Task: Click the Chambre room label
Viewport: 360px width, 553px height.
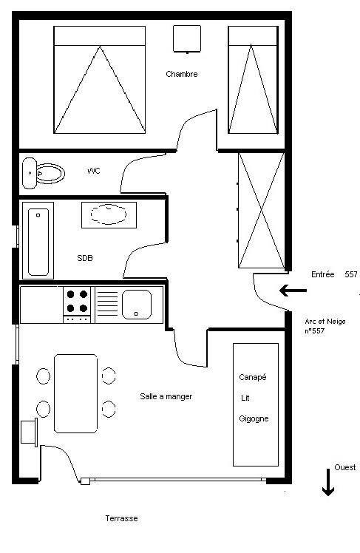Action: [x=182, y=74]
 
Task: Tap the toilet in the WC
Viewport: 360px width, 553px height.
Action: [x=44, y=173]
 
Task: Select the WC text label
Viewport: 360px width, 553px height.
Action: [x=94, y=171]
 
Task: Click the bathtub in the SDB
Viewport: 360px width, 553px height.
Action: [x=38, y=240]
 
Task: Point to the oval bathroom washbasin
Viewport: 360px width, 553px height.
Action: [x=109, y=214]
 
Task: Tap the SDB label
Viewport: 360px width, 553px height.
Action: [x=85, y=258]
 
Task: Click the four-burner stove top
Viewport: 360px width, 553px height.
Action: [x=77, y=305]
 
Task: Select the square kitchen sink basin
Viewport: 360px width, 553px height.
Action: [x=137, y=305]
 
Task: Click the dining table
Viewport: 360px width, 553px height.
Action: [x=76, y=393]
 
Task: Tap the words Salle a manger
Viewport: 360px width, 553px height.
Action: [x=166, y=396]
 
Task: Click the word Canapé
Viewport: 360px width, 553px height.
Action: [x=253, y=377]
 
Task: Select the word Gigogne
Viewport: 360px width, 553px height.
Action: [x=254, y=419]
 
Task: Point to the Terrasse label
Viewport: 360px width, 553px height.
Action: [x=122, y=518]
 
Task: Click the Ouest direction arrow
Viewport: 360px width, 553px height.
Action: [x=328, y=482]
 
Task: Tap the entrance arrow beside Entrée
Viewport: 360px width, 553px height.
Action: [x=293, y=291]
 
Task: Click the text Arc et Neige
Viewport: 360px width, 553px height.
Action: [x=325, y=322]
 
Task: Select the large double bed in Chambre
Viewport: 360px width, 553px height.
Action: [x=100, y=80]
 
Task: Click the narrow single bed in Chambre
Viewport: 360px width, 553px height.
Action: [x=253, y=80]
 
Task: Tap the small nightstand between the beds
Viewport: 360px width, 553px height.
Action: [x=187, y=38]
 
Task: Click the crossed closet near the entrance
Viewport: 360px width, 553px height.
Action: [x=261, y=210]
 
